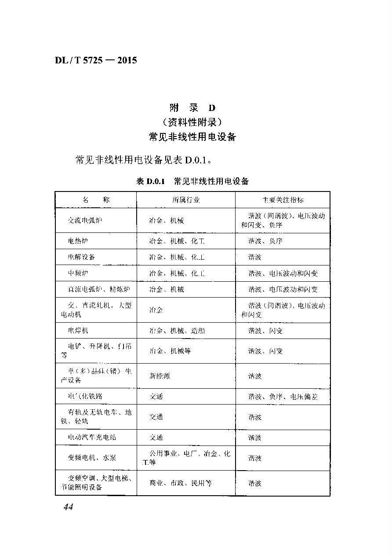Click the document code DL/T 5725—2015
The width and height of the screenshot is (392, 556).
coord(96,60)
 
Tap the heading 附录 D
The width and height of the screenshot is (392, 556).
coord(192,108)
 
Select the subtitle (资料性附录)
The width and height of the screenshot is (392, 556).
coord(192,122)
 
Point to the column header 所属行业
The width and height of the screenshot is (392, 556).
coord(185,200)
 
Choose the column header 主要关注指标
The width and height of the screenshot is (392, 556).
coord(283,200)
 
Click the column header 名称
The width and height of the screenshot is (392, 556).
coord(96,200)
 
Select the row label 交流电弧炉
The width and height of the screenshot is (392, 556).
coord(85,220)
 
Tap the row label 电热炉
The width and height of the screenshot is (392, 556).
coord(78,241)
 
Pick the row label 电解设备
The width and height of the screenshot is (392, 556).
coord(81,257)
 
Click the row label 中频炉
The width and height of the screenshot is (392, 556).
coord(78,273)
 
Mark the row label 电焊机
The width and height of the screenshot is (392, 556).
coord(78,331)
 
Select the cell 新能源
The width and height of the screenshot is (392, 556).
coord(160,376)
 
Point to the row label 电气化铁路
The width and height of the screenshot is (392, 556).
coord(85,397)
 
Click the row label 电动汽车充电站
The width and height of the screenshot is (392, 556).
coord(92,438)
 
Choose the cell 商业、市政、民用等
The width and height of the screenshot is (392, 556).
coord(181,483)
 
